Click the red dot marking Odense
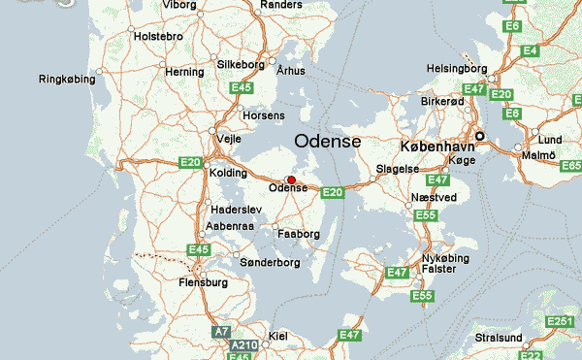(x=291, y=180)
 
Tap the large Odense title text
(x=327, y=142)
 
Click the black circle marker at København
(x=479, y=136)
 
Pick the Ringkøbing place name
(x=67, y=80)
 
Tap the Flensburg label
(x=203, y=282)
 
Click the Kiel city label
(x=277, y=336)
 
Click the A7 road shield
(x=222, y=332)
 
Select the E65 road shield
(x=569, y=168)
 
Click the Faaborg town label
(x=298, y=234)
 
